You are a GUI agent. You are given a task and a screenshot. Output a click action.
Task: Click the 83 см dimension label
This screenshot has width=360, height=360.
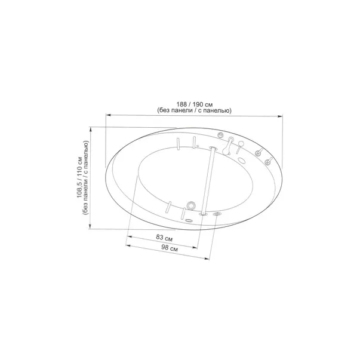(164, 238)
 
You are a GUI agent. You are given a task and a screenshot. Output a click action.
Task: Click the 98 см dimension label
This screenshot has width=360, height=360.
(170, 248)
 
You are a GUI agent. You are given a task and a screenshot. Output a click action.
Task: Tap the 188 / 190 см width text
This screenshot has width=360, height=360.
(195, 104)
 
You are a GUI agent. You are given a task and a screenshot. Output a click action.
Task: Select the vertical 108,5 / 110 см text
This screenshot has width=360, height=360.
(79, 177)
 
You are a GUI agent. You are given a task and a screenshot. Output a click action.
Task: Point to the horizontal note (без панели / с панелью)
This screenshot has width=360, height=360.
(195, 110)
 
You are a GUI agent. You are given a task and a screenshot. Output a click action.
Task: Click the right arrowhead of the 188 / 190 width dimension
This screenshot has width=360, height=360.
(280, 116)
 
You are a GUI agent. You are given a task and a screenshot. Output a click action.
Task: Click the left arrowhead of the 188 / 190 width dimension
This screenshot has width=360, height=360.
(109, 115)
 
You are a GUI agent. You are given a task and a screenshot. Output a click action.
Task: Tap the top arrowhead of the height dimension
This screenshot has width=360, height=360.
(91, 130)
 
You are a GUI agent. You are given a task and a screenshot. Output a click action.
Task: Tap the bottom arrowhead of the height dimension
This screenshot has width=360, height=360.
(90, 226)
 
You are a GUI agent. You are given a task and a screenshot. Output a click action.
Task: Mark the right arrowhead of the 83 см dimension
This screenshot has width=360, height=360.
(195, 248)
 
